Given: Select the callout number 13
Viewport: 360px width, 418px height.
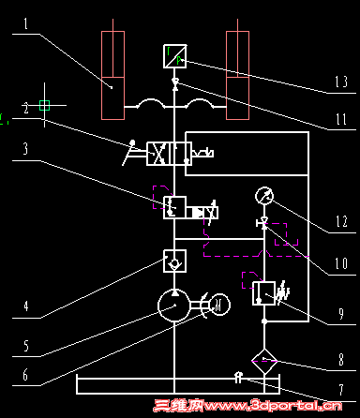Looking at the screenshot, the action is pos(341,82).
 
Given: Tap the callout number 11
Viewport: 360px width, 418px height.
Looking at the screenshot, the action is pos(340,119).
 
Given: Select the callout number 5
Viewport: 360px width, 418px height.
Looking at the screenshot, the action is pos(27,347).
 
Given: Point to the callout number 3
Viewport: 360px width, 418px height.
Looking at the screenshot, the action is pos(28,149).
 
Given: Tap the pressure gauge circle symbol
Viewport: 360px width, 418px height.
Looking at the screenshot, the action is pos(264,196).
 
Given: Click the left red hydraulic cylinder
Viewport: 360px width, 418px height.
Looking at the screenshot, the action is pos(112,75).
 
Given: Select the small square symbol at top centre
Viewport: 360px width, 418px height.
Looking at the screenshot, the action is pos(175,57).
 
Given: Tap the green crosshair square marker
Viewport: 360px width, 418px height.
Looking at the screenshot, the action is pos(44,106).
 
